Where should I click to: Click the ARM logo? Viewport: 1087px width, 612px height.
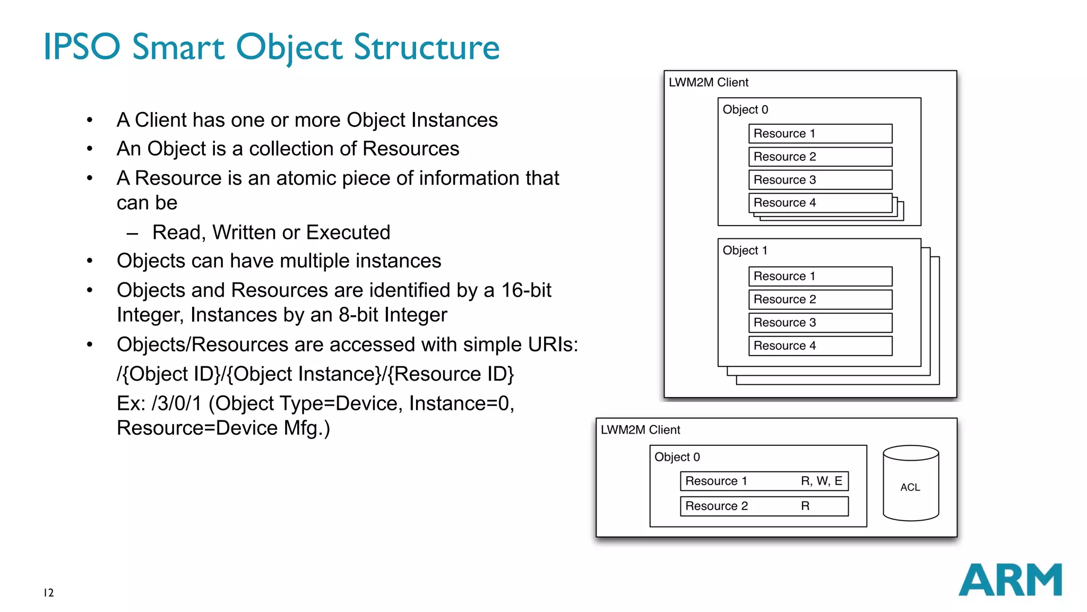click(x=1010, y=580)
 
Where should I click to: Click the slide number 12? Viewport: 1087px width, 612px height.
click(x=48, y=592)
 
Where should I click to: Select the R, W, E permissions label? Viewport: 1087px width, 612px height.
click(x=821, y=481)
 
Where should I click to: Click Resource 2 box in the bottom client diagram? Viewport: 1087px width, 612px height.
click(x=764, y=506)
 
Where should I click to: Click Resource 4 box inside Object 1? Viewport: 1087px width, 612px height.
click(x=819, y=346)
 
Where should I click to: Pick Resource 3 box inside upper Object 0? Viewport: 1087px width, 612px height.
click(x=819, y=179)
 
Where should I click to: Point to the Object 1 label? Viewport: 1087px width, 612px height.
click(x=745, y=250)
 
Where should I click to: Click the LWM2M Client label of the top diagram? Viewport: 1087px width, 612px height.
click(x=708, y=82)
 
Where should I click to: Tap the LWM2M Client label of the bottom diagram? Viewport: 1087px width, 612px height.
click(x=640, y=429)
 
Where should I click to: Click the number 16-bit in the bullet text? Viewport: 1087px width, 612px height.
click(x=526, y=290)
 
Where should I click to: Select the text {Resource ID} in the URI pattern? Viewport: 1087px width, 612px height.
click(x=451, y=374)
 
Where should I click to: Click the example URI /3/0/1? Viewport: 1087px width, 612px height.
click(x=176, y=403)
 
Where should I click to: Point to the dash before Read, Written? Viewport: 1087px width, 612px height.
click(x=132, y=233)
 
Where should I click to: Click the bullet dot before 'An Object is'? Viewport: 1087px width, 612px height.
click(x=90, y=149)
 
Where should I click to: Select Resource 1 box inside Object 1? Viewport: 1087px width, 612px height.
click(x=819, y=276)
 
